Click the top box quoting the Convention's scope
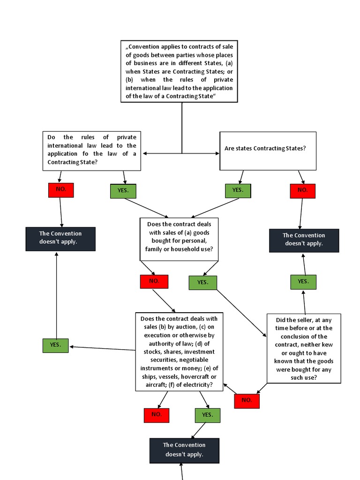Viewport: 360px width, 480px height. point(179,71)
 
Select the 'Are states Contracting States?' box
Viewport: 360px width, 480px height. point(268,150)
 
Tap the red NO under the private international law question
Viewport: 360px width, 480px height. point(61,189)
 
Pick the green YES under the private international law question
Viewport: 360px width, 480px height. point(123,191)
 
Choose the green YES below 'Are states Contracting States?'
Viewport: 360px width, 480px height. point(238,190)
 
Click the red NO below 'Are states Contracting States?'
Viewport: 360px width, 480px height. point(302,190)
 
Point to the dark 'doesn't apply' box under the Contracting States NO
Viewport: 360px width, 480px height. point(304,240)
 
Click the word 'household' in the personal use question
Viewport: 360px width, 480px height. point(189,249)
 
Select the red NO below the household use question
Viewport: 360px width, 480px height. point(154,281)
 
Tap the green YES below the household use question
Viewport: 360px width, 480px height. point(202,282)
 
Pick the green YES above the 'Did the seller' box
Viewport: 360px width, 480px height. point(303,282)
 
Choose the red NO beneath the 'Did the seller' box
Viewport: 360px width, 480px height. point(247,400)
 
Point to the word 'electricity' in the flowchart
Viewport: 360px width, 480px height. point(194,385)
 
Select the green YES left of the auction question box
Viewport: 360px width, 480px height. point(55,345)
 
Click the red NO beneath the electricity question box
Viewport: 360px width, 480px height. point(156,415)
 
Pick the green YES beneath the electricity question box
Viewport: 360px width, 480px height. point(207,415)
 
